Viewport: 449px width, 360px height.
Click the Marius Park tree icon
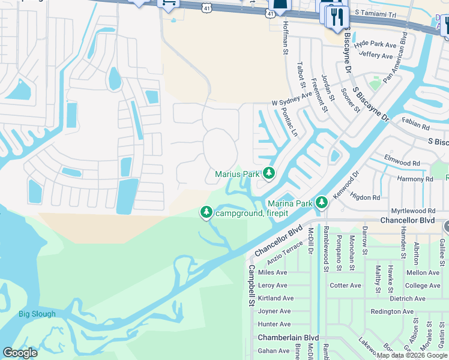[x=268, y=174]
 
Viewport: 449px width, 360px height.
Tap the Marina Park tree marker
[x=322, y=203]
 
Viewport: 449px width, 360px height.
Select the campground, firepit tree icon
[x=206, y=212]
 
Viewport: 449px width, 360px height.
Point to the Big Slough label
[x=37, y=314]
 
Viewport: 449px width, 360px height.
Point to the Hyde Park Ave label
[x=375, y=44]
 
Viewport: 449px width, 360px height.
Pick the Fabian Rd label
[x=417, y=127]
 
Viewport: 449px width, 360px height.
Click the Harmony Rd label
[x=415, y=179]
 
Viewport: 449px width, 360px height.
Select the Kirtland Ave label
[x=276, y=298]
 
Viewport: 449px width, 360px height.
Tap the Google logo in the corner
[x=20, y=353]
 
